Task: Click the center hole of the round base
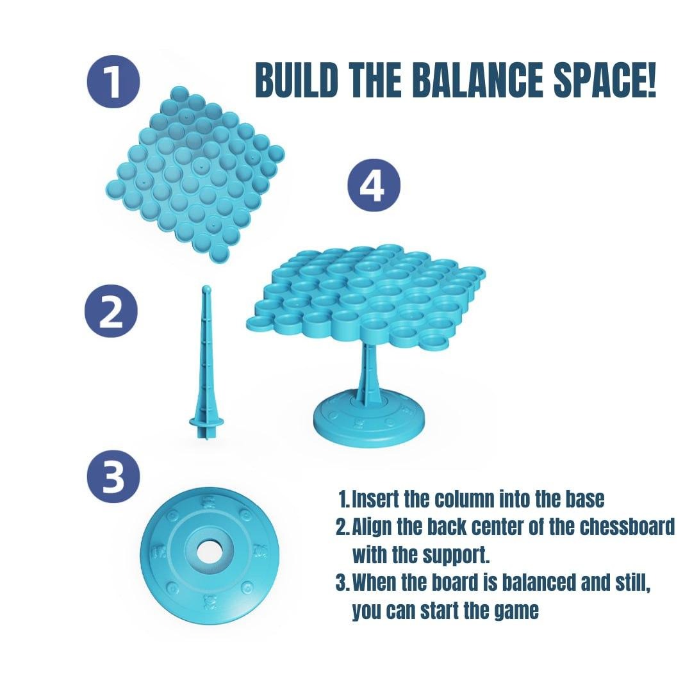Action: (x=207, y=550)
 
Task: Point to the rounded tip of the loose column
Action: (x=206, y=290)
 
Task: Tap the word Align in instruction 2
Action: (x=372, y=527)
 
